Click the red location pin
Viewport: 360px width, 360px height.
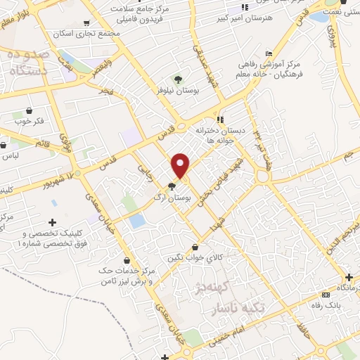(x=181, y=165)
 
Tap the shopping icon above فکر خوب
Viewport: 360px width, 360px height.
(x=29, y=110)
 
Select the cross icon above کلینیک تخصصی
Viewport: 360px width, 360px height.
(x=52, y=221)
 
